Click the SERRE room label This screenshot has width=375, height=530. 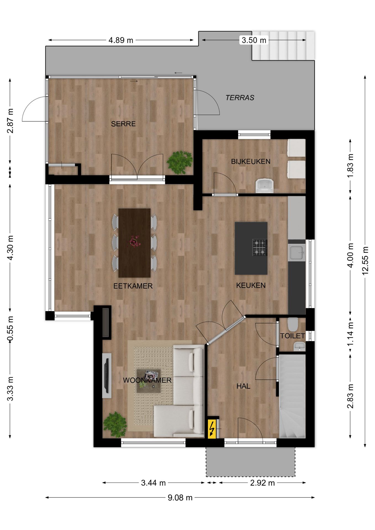[x=123, y=124]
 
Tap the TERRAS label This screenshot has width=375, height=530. [x=240, y=98]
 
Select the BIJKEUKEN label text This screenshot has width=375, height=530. [x=251, y=161]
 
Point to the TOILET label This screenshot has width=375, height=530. [x=292, y=336]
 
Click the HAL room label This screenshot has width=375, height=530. [x=243, y=386]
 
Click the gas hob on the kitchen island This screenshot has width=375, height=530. [x=260, y=247]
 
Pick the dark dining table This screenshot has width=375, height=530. [x=134, y=243]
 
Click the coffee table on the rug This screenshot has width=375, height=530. [x=149, y=381]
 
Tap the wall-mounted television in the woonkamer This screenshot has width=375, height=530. [x=107, y=376]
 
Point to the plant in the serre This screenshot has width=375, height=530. [x=180, y=162]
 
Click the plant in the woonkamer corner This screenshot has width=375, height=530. [x=115, y=425]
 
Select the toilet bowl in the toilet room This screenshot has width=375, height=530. [x=293, y=324]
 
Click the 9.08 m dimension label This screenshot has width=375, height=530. [x=180, y=498]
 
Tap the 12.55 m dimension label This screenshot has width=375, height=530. [x=365, y=261]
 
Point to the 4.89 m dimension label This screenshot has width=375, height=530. [x=121, y=40]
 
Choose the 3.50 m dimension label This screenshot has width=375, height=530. [x=254, y=40]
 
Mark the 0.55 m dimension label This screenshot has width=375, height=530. [x=10, y=329]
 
